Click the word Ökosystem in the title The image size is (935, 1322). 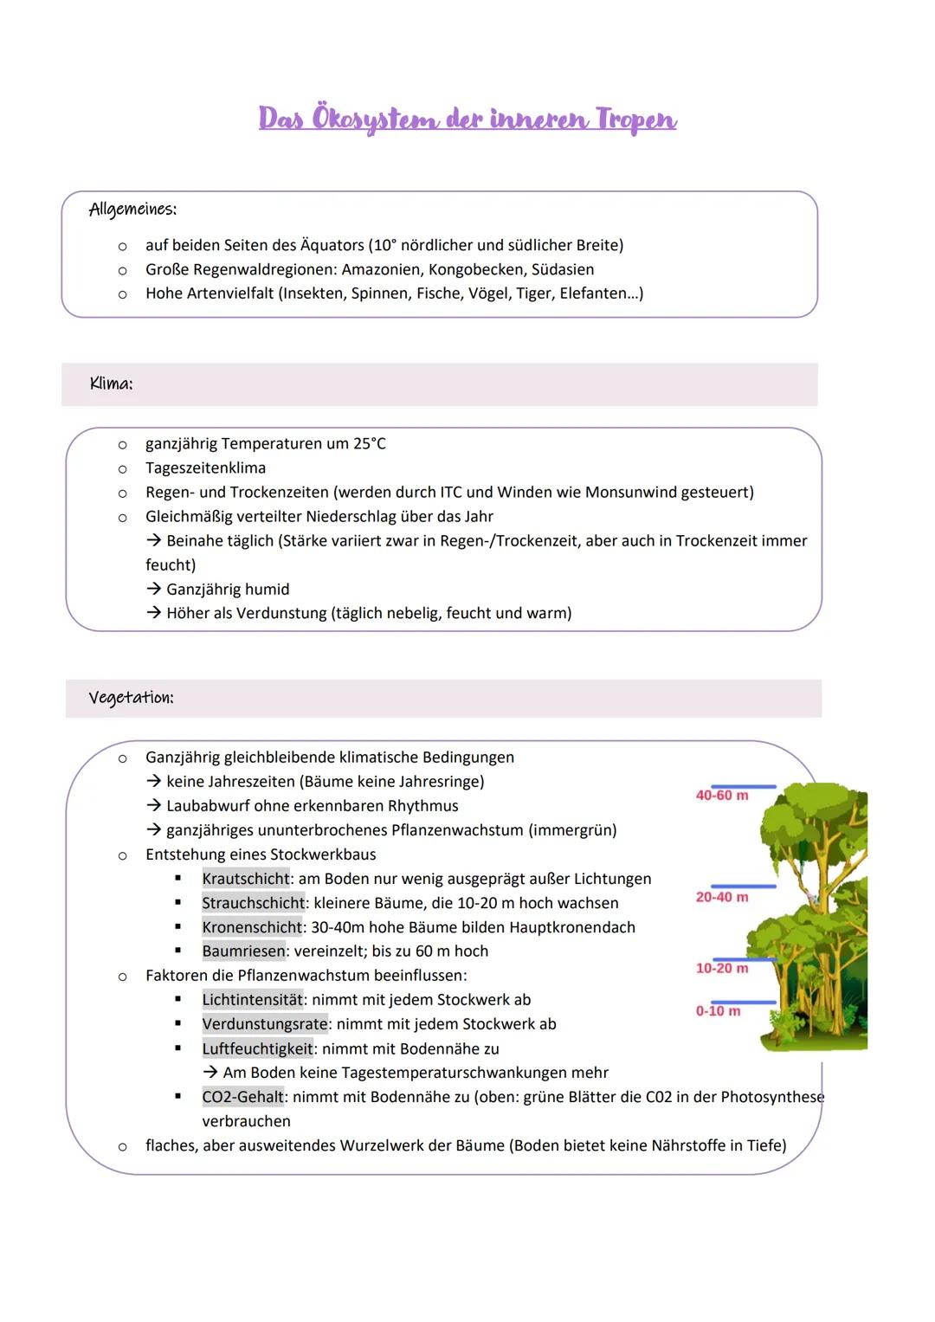[x=374, y=119]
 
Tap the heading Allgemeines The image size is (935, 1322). [x=132, y=210]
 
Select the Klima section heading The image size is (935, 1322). [x=111, y=384]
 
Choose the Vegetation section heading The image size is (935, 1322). [x=131, y=698]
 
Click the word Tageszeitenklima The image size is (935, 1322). [x=205, y=468]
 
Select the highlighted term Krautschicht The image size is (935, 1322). [x=246, y=879]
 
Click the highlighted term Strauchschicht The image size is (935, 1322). [x=254, y=903]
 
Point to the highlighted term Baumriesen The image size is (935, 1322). [x=243, y=951]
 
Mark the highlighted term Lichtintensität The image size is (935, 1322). [x=253, y=999]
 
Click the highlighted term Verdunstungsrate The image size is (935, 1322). [x=265, y=1023]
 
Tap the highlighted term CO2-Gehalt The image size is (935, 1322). [x=243, y=1097]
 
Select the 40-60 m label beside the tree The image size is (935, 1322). [x=722, y=795]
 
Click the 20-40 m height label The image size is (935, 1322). [x=722, y=897]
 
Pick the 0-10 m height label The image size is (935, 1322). [x=718, y=1011]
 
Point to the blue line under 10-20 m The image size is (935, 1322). [x=744, y=959]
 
